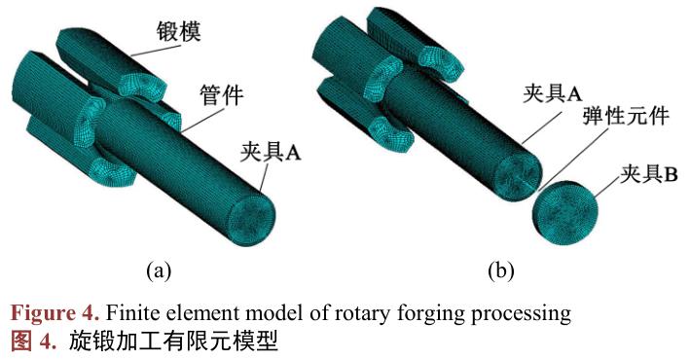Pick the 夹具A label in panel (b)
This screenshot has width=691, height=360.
(552, 95)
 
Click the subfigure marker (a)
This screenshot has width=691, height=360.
(158, 270)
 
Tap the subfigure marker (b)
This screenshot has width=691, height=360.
(499, 270)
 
